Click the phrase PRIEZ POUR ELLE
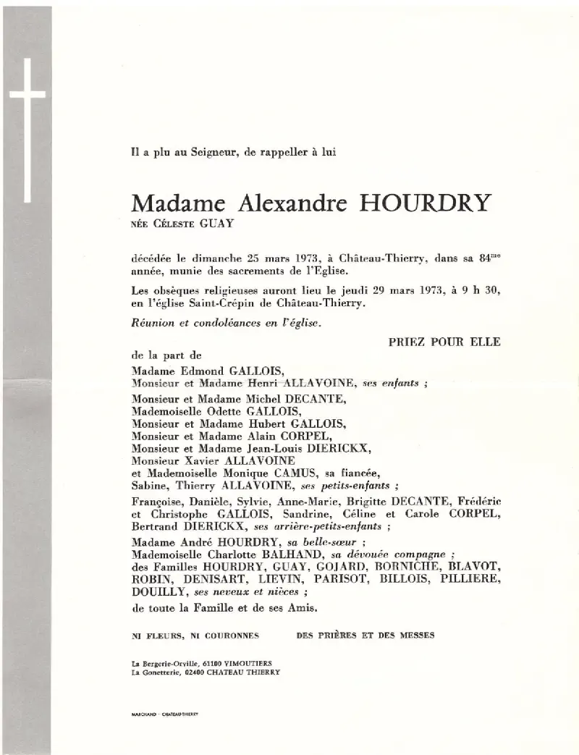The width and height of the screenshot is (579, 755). tap(444, 342)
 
